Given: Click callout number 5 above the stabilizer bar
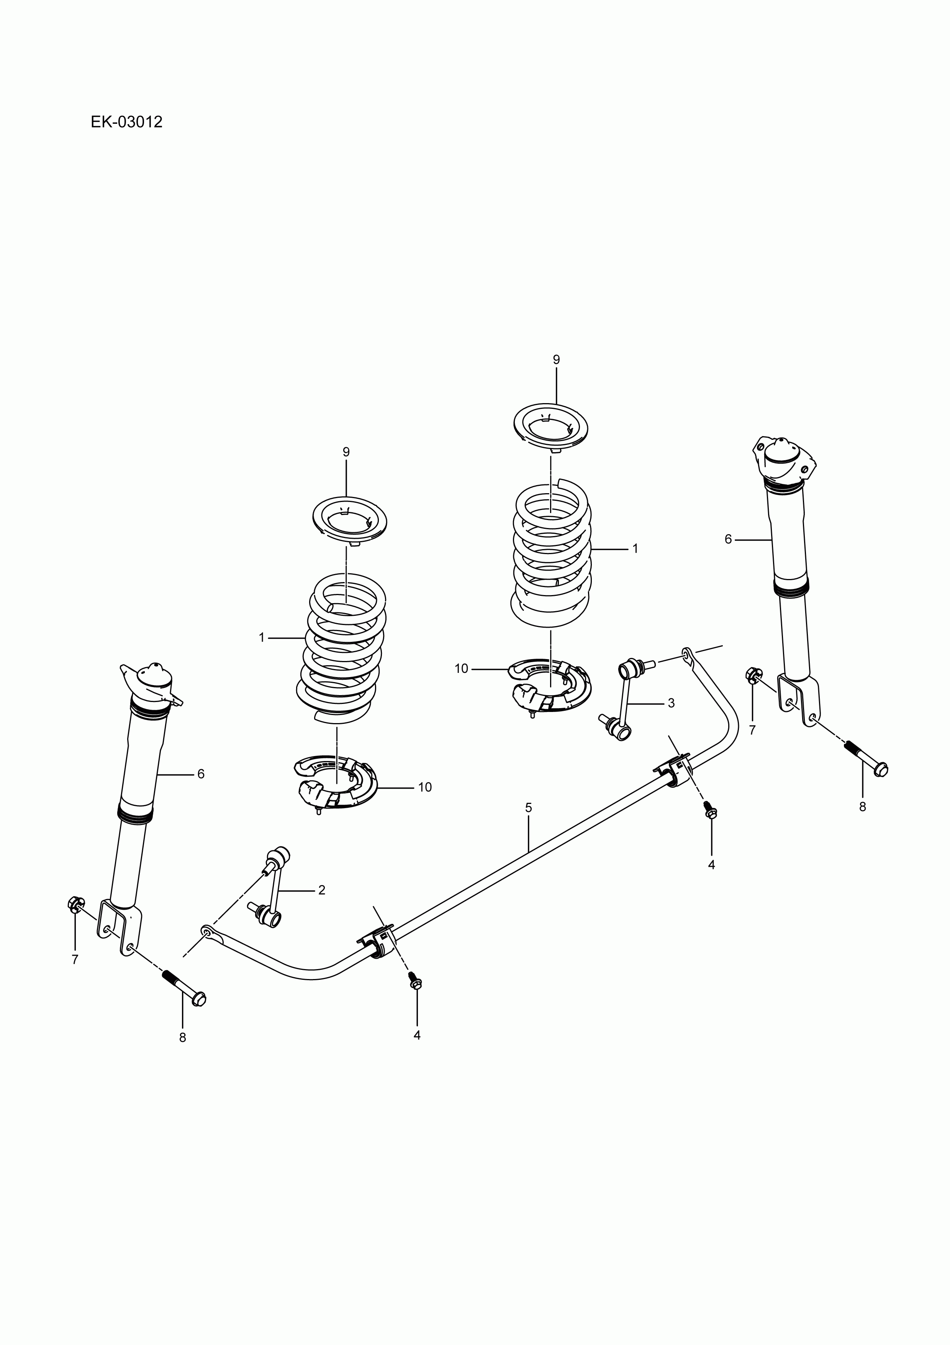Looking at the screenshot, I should [x=528, y=808].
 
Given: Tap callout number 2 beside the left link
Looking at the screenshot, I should [x=321, y=906].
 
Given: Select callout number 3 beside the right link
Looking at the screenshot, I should [x=671, y=703].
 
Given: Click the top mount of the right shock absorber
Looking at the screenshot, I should [x=783, y=455].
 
